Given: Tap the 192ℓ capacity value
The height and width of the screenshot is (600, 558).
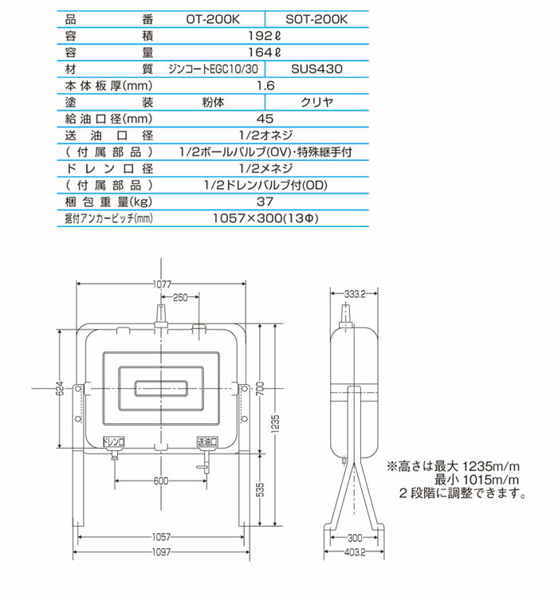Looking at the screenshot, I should coord(265,35).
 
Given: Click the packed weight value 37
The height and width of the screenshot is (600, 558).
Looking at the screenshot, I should coord(265,202).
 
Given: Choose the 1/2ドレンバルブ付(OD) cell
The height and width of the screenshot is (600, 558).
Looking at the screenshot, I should coord(265,186).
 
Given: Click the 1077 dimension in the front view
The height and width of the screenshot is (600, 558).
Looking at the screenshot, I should coord(163,283).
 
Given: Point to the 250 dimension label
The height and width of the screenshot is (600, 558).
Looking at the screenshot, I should coord(181,298).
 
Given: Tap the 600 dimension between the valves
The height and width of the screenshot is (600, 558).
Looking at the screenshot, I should coord(161,481).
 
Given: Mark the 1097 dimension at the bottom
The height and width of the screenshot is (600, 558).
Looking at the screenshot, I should coord(162,553).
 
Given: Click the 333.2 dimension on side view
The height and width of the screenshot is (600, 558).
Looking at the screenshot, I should coord(355,293).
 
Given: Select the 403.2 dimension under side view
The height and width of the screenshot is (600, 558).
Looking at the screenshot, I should coord(356,553).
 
